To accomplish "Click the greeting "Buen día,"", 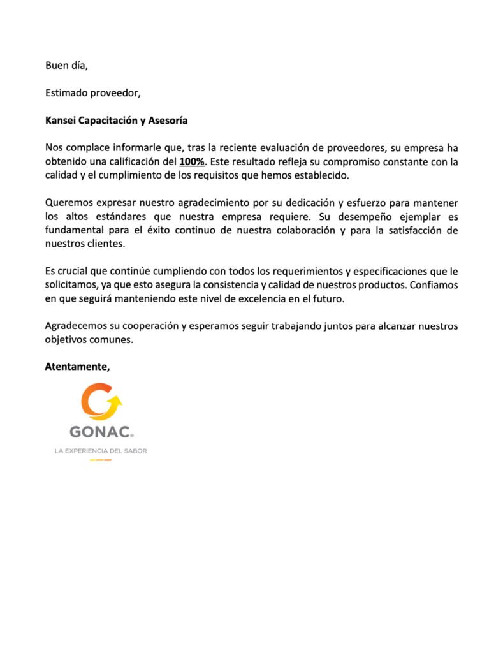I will click(x=66, y=65).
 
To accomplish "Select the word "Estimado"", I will click(x=66, y=92).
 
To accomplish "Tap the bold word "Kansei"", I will click(x=61, y=120).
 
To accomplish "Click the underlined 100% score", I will click(x=192, y=162).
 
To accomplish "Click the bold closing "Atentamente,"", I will click(x=77, y=367).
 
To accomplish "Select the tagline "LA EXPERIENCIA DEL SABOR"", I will click(x=101, y=451).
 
